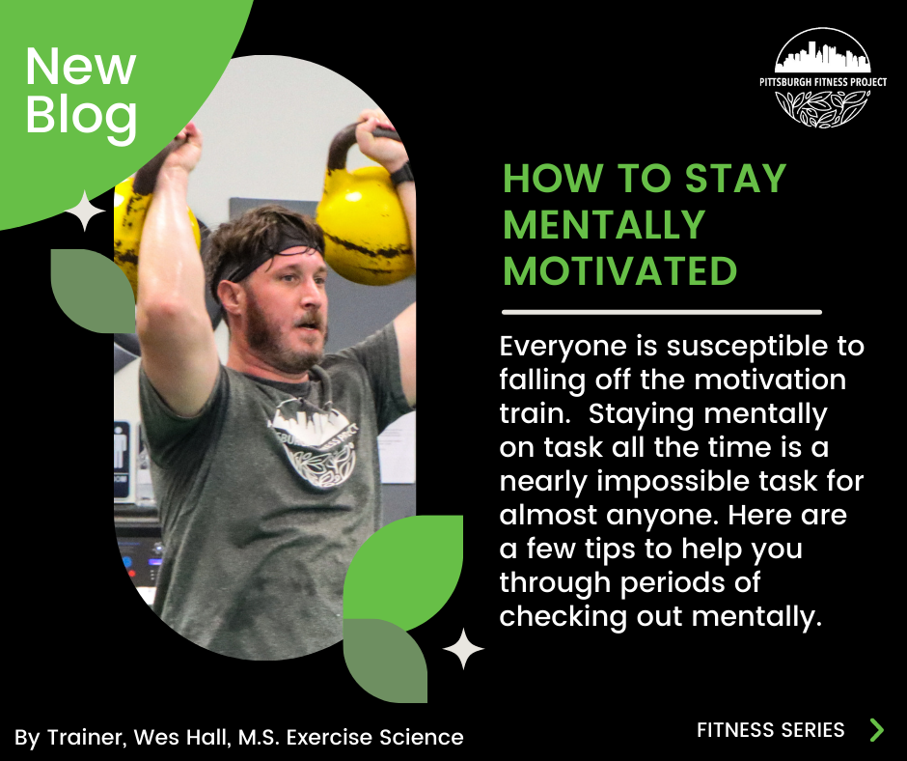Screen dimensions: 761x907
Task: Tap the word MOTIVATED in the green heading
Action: pyautogui.click(x=619, y=271)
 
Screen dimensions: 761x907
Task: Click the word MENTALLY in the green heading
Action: pyautogui.click(x=604, y=225)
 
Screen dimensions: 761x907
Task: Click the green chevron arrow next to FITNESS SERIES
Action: pyautogui.click(x=876, y=729)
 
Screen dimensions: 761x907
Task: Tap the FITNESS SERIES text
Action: pyautogui.click(x=770, y=730)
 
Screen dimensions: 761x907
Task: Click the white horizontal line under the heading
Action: pyautogui.click(x=662, y=312)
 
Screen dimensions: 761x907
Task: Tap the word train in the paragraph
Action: pyautogui.click(x=534, y=413)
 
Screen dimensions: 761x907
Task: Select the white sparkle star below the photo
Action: pyautogui.click(x=463, y=648)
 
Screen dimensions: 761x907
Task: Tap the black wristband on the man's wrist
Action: pyautogui.click(x=401, y=175)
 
